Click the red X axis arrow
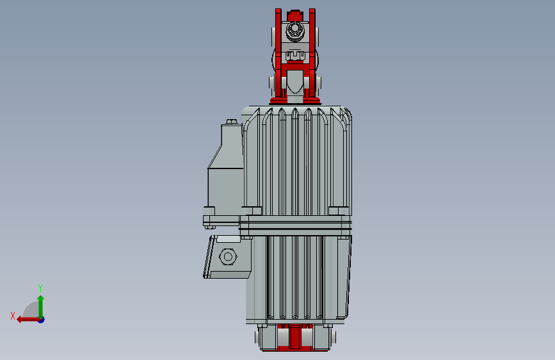[28, 320]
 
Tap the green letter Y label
[40, 288]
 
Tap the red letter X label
[13, 316]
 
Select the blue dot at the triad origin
[42, 320]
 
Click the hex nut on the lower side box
[228, 256]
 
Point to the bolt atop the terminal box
[232, 122]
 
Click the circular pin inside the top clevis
[294, 29]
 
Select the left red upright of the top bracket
[278, 53]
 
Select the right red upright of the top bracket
[312, 53]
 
